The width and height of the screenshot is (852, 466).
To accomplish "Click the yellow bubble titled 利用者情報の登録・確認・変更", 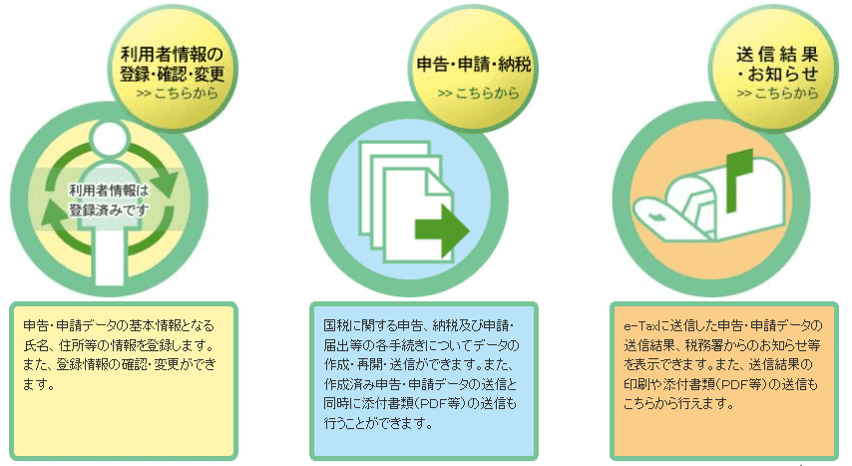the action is tap(173, 68).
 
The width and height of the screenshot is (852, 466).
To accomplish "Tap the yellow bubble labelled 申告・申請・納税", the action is tap(473, 68).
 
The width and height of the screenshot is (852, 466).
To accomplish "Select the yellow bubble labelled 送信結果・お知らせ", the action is tap(773, 68).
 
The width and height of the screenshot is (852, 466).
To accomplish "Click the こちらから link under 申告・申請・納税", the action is tap(478, 94).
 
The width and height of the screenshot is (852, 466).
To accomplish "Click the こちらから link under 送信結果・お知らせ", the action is tap(777, 94).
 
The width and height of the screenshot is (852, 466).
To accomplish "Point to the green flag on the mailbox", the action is tap(739, 180).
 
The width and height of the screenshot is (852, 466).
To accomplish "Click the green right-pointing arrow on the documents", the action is tap(442, 231).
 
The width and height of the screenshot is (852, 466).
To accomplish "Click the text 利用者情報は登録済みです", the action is tap(109, 201).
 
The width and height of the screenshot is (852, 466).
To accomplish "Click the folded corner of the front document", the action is tap(440, 182).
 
